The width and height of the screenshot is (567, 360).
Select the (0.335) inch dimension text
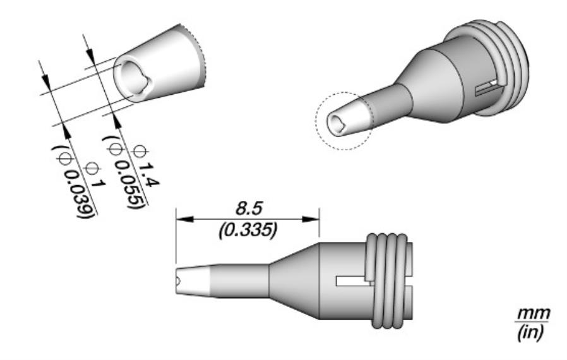tap(248, 231)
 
